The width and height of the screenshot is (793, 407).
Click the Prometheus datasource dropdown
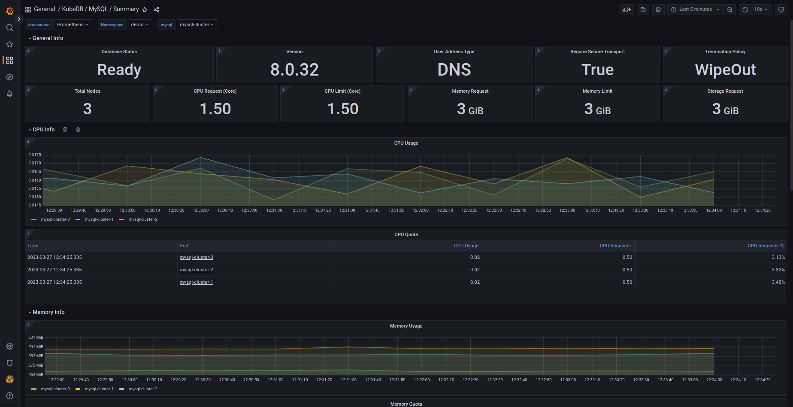(73, 25)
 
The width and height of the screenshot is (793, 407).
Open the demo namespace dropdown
(139, 25)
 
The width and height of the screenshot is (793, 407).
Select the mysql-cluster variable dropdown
(197, 25)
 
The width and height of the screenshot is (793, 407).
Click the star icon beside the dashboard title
(145, 10)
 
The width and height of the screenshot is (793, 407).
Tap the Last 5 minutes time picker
(695, 9)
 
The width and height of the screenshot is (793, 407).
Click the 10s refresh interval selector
(761, 9)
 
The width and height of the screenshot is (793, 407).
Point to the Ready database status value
(119, 70)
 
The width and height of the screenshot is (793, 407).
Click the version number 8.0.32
(294, 70)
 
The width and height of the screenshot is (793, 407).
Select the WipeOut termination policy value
(725, 70)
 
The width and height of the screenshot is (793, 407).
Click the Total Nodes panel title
(88, 91)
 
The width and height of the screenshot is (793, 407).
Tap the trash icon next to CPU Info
(78, 130)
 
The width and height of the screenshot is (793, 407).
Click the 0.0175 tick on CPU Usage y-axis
(35, 155)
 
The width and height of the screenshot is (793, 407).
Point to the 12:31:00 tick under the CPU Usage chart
(274, 210)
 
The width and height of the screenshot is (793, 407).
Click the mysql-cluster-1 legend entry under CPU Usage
(99, 219)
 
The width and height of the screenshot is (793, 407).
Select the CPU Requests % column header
(765, 246)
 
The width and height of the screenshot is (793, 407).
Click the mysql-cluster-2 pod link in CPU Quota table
(196, 270)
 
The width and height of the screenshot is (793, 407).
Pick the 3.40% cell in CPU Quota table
(778, 282)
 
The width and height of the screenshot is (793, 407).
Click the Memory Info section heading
(48, 312)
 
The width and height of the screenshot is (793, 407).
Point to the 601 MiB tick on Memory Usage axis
(36, 337)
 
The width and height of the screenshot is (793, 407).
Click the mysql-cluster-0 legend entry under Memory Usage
(55, 389)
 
